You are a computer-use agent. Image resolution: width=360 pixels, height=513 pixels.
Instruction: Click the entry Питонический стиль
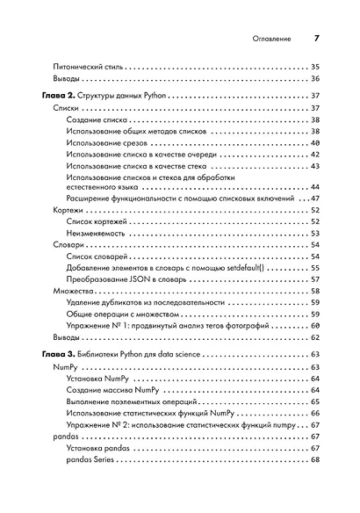pyautogui.click(x=87, y=66)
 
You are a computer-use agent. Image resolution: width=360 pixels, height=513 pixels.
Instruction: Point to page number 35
pyautogui.click(x=315, y=66)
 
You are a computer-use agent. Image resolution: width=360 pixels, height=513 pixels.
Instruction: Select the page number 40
pyautogui.click(x=315, y=142)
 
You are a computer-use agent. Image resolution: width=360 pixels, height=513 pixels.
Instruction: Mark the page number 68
pyautogui.click(x=315, y=460)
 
